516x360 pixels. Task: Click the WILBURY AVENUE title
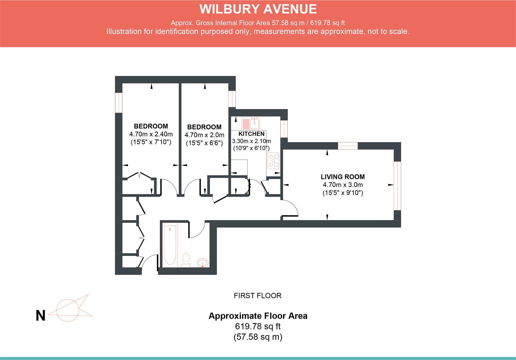click(x=258, y=9)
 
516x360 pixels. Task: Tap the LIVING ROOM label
click(x=342, y=177)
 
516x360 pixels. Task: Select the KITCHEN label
click(x=252, y=134)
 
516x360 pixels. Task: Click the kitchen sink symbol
click(x=251, y=123)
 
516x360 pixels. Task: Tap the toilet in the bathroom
click(x=186, y=260)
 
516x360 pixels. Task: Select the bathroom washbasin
click(x=203, y=263)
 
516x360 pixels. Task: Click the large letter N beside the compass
click(x=40, y=316)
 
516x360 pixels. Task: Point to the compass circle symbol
click(x=68, y=310)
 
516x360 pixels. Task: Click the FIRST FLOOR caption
click(x=258, y=296)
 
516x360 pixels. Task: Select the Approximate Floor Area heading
click(x=258, y=316)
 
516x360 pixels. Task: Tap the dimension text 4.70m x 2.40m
click(x=151, y=134)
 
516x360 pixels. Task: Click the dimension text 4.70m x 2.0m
click(x=204, y=135)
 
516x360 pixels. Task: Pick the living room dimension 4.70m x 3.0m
click(x=342, y=185)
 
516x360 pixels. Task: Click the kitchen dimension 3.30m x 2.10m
click(x=252, y=141)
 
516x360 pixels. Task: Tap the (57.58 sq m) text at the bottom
click(x=258, y=337)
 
